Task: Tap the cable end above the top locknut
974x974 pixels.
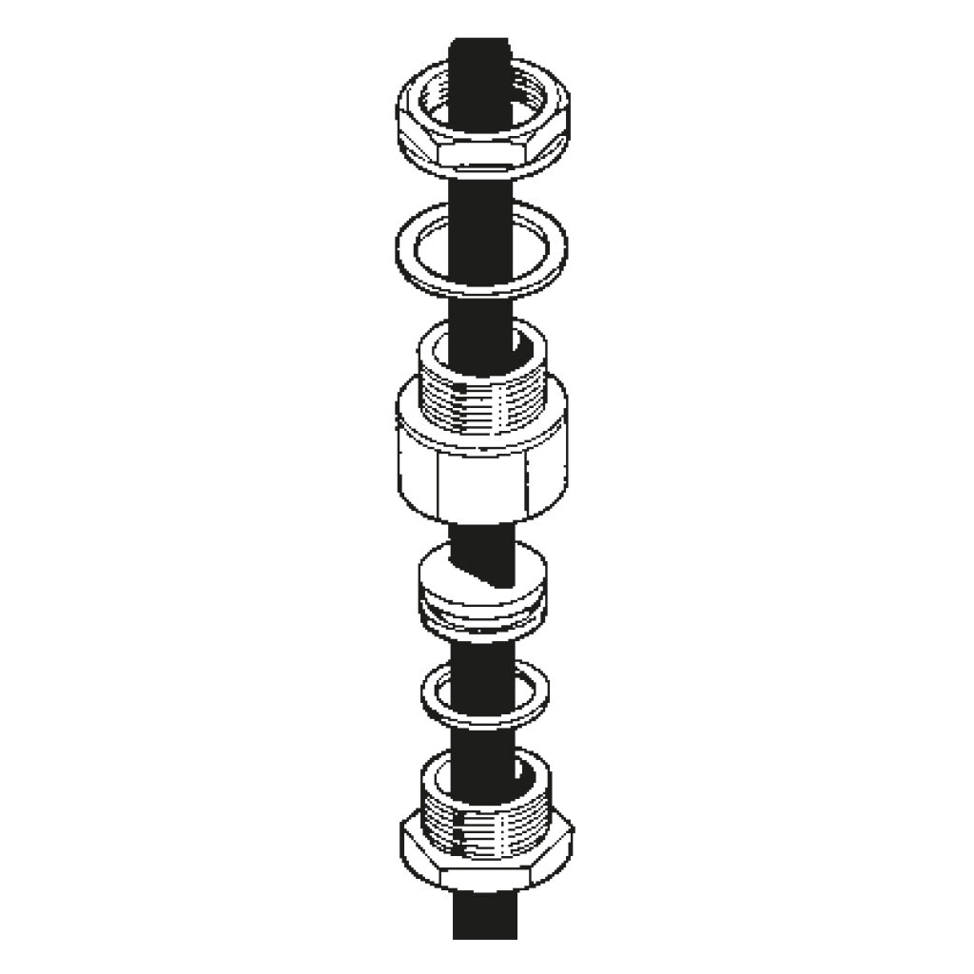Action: tap(480, 48)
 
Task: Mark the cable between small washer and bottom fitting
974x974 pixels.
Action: tap(480, 737)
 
